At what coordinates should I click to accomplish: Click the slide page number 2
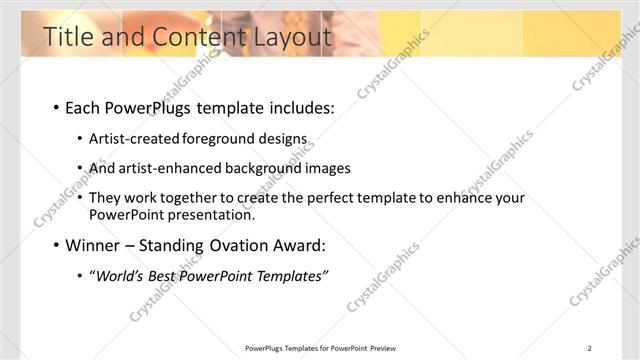pyautogui.click(x=590, y=348)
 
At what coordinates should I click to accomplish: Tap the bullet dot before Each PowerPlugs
pyautogui.click(x=55, y=109)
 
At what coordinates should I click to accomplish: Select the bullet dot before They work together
pyautogui.click(x=80, y=199)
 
